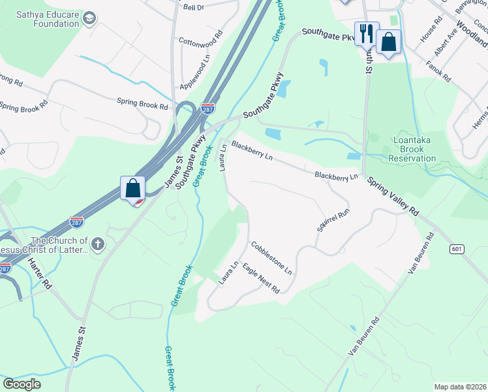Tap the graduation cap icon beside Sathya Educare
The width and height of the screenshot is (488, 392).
90,17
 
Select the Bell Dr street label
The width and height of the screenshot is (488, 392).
194,7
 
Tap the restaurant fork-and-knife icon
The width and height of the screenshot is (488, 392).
366,33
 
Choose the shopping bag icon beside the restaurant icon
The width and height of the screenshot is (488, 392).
388,42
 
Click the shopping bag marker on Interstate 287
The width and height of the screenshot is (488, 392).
132,188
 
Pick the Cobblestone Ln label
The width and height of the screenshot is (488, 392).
271,257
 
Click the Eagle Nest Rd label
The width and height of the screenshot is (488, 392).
260,278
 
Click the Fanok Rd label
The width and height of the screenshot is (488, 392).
438,71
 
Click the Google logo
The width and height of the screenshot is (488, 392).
22,384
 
